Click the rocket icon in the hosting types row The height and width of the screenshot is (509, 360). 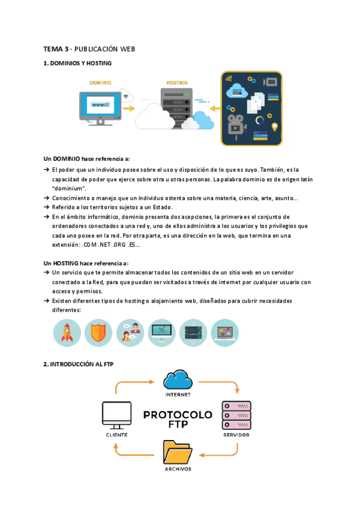[x=67, y=333]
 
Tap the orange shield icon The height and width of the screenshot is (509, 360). [x=98, y=333]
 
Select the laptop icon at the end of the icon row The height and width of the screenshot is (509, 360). [x=224, y=333]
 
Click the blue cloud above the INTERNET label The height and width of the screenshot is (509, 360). [x=178, y=380]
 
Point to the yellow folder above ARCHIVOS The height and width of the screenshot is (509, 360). [x=178, y=451]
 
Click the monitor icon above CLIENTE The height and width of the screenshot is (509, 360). [x=116, y=415]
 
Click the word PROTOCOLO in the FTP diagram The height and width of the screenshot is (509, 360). [x=178, y=415]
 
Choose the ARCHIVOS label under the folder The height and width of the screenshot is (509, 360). [x=178, y=469]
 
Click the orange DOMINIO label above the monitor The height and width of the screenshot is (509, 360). [x=100, y=82]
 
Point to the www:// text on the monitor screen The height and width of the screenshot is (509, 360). [x=100, y=104]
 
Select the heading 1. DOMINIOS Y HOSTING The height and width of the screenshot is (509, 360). [x=77, y=63]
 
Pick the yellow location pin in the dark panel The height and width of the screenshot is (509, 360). [x=275, y=127]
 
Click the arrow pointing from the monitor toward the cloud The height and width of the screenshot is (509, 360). [x=128, y=110]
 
